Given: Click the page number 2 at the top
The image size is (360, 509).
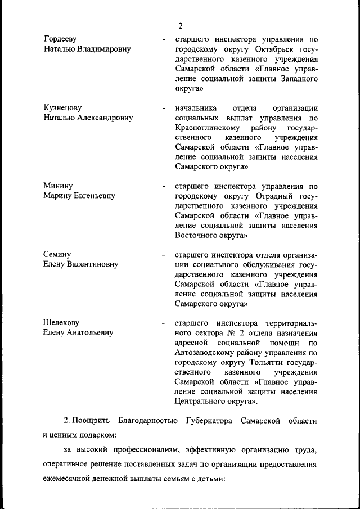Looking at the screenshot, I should (x=181, y=26).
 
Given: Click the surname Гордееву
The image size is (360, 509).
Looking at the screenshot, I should (x=60, y=39).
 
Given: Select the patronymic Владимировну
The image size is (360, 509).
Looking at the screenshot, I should (x=101, y=49).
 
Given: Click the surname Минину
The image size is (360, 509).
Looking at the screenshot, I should (x=58, y=186).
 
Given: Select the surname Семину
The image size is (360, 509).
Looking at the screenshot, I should (x=57, y=254).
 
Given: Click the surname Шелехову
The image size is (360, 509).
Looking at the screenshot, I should (x=61, y=323).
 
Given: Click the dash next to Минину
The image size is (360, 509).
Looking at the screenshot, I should (x=163, y=187).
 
